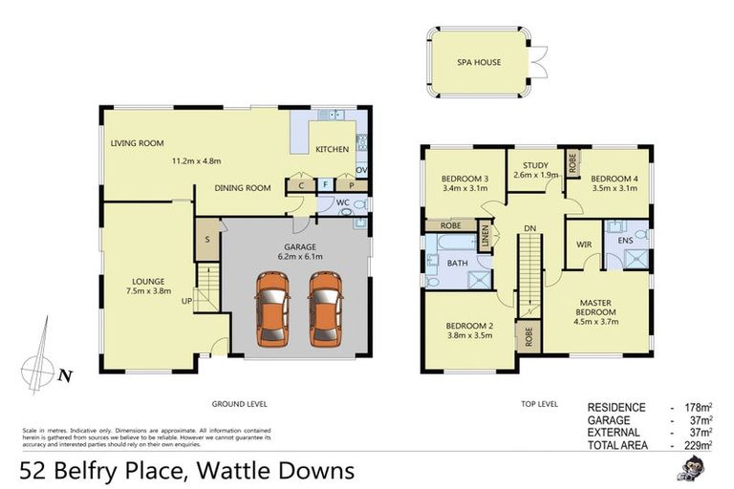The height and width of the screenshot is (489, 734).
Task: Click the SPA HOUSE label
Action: coord(476,63)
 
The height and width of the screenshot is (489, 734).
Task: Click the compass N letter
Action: coord(64,375)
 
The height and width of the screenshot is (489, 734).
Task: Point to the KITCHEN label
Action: coord(332,150)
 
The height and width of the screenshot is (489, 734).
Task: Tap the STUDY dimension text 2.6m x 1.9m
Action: coord(535,175)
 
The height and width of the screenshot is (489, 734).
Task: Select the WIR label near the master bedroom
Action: coord(584,244)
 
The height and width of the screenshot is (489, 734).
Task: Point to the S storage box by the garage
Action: coord(206,240)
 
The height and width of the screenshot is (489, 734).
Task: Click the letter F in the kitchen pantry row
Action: coord(325,184)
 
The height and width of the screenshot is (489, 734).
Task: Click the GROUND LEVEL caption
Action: coord(239,404)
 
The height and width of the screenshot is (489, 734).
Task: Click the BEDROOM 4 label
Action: coord(614,179)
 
